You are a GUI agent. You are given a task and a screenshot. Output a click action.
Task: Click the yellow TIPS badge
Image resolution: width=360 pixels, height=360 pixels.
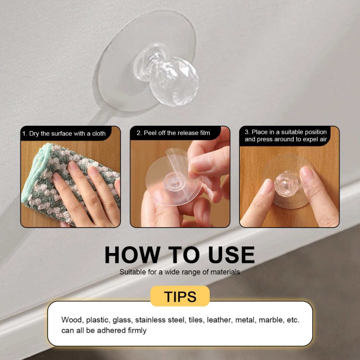(x=180, y=296)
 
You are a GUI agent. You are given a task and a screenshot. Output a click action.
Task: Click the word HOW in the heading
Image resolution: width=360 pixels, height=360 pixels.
(x=133, y=255)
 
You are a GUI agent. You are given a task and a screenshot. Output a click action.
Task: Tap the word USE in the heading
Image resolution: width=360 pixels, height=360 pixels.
(x=231, y=255)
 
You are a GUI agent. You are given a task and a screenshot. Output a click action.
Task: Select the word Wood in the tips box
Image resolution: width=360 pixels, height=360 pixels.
(x=71, y=320)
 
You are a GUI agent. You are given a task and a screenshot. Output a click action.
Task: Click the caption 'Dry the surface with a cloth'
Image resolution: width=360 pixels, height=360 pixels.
(x=67, y=134)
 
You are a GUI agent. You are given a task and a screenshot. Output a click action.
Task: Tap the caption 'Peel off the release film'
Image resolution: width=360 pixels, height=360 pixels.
(x=177, y=133)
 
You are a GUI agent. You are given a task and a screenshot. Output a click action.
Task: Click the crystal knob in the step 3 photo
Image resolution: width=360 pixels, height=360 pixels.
(x=287, y=184)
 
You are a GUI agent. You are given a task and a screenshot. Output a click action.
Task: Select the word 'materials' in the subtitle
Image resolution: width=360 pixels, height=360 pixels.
(x=225, y=272)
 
